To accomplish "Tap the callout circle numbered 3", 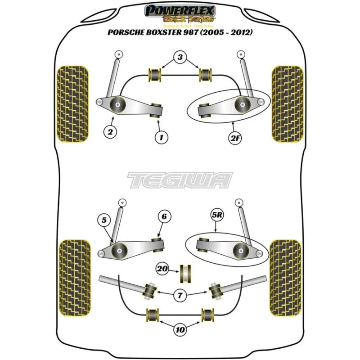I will [x=180, y=57].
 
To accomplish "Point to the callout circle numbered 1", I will [x=161, y=135].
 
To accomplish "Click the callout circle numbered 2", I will [x=109, y=132].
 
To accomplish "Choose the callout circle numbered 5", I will [x=104, y=220].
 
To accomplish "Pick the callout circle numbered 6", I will [x=164, y=216].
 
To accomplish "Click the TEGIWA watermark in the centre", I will [x=180, y=180].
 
